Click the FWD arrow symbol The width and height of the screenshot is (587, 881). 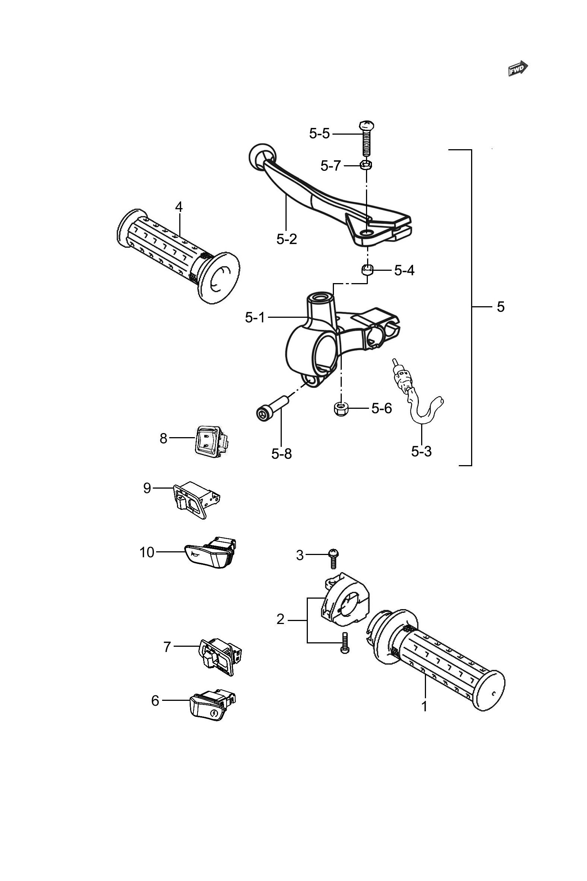point(518,68)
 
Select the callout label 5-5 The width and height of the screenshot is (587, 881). point(319,134)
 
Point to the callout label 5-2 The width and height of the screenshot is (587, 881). point(287,239)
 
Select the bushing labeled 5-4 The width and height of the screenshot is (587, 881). point(367,269)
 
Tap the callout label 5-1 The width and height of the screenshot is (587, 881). point(255,318)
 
